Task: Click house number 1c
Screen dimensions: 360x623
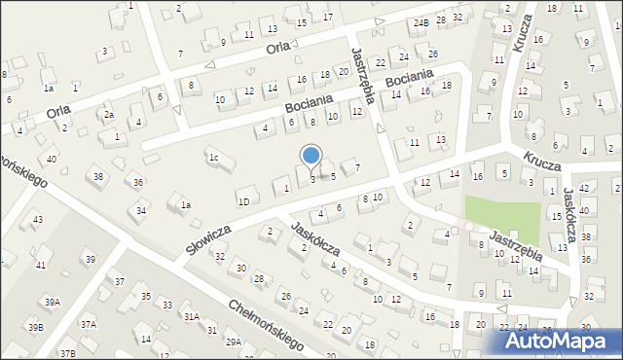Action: (x=212, y=157)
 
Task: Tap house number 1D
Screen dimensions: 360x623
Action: (x=243, y=201)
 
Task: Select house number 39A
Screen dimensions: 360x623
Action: (x=51, y=303)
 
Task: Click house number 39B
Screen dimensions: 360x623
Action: (x=35, y=327)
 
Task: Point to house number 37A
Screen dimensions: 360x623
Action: (x=89, y=324)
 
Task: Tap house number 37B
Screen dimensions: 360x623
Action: (x=67, y=353)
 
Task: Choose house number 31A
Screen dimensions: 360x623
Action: (x=192, y=316)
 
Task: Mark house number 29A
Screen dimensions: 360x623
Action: (x=234, y=342)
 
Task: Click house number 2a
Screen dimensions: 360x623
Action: (x=110, y=115)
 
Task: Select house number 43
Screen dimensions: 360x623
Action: (x=38, y=220)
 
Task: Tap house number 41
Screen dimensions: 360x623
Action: (x=41, y=265)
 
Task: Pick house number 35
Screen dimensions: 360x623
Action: (x=146, y=296)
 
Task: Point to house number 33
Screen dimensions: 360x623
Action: (x=167, y=305)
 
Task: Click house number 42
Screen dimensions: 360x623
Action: (x=584, y=187)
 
